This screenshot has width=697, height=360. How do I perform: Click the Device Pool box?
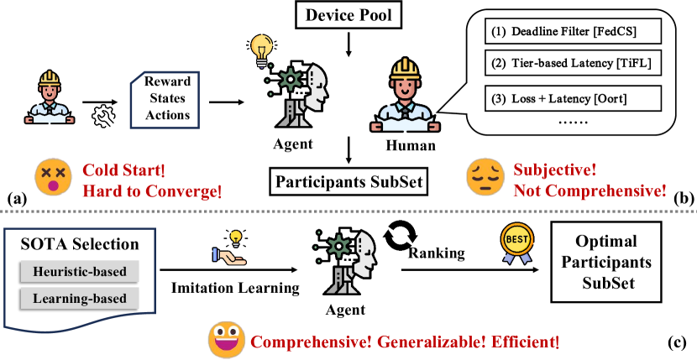[x=349, y=14]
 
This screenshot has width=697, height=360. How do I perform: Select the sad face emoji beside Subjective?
[x=481, y=177]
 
